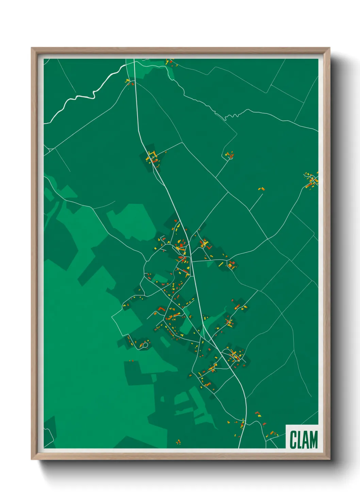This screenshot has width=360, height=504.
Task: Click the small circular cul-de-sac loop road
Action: pyautogui.click(x=145, y=345)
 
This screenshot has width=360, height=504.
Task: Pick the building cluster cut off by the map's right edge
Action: pyautogui.click(x=311, y=180)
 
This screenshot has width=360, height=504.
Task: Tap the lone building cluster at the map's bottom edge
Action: pyautogui.click(x=178, y=442)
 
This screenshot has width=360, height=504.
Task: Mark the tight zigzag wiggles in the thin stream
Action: pyautogui.click(x=231, y=116)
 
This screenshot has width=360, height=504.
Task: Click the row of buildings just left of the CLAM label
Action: pyautogui.click(x=272, y=434)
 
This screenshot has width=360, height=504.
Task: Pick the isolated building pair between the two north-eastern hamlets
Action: pyautogui.click(x=261, y=188)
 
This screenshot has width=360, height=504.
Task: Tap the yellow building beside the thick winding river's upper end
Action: pyautogui.click(x=128, y=81)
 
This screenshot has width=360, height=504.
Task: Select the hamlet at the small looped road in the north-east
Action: pyautogui.click(x=229, y=155)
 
